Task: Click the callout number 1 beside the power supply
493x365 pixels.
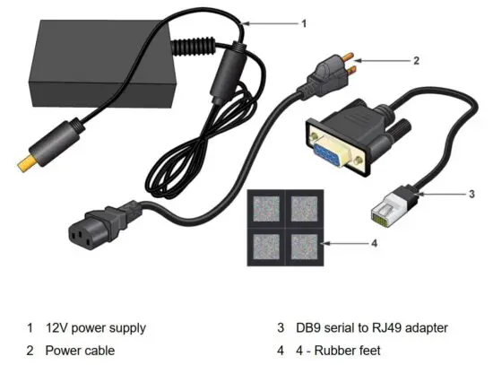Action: tap(303, 23)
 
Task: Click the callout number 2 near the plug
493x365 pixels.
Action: tap(416, 61)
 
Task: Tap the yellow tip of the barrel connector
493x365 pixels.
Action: tap(26, 165)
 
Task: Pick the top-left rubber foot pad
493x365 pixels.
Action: tap(266, 208)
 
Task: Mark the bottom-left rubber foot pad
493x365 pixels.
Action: tap(266, 245)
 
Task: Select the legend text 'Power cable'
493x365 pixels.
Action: tap(80, 351)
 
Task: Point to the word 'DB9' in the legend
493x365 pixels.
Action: tap(310, 328)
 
